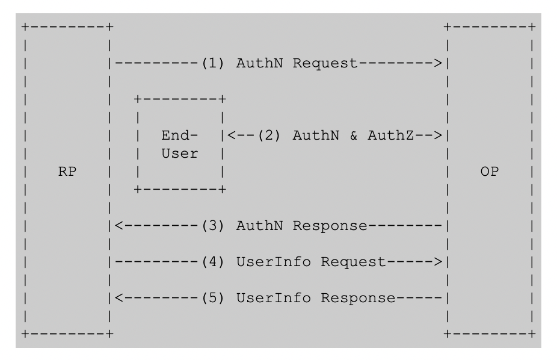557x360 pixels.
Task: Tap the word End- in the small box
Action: coord(179,135)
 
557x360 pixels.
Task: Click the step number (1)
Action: coord(214,63)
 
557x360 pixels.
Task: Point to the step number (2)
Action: coord(271,135)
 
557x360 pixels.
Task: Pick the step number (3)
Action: coord(214,226)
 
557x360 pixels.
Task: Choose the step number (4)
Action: coord(214,262)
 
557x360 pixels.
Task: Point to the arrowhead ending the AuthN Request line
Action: coord(440,63)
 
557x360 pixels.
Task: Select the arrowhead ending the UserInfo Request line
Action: coord(440,262)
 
